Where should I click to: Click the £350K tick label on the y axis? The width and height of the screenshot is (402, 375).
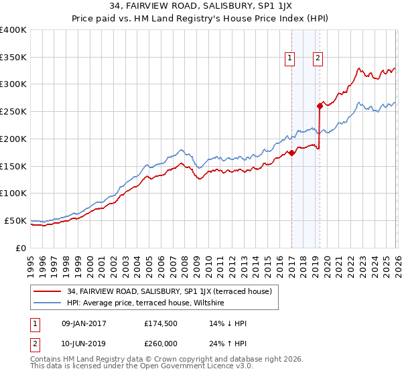(x=13, y=57)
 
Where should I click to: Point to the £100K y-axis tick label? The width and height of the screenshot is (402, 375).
(x=13, y=193)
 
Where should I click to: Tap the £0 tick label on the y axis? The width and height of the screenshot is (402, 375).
(x=20, y=248)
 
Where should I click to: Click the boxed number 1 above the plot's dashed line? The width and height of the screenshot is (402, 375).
(x=290, y=58)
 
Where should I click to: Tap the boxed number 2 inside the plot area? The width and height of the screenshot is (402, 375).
(x=317, y=58)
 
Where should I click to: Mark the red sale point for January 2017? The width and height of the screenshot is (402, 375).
(x=292, y=153)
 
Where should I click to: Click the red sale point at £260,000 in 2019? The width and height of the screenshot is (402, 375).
(x=320, y=106)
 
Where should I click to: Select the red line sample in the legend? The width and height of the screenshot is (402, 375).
(x=48, y=292)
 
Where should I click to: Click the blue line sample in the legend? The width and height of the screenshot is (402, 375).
(x=48, y=303)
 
